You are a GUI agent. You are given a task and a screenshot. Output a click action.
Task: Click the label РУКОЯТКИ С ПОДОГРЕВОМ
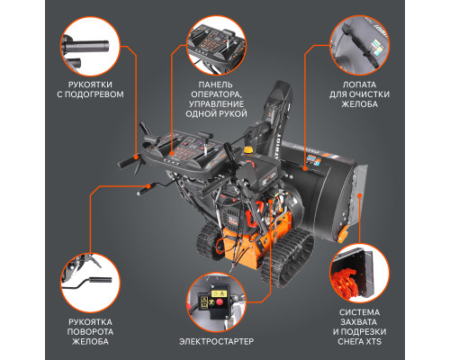(89, 88)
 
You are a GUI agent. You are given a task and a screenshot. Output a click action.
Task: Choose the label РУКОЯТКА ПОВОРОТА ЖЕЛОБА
(89, 329)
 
